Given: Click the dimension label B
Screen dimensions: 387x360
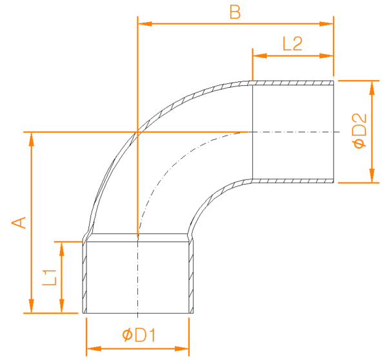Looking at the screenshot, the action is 235,12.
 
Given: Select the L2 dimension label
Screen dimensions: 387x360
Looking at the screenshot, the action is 292,44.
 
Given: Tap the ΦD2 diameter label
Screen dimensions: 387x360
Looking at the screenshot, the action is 360,131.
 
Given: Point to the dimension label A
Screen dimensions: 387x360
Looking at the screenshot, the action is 19,223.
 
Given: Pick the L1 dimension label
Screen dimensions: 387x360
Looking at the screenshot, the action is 50,277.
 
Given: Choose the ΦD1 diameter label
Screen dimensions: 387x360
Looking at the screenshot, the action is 139,335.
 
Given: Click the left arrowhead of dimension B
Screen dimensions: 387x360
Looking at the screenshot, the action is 145,24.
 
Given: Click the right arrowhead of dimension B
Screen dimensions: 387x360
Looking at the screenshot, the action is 326,24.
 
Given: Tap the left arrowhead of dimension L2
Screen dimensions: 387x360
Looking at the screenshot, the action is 260,55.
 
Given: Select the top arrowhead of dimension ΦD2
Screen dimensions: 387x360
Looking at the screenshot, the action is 372,88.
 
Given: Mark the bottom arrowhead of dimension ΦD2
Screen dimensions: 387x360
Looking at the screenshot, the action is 372,175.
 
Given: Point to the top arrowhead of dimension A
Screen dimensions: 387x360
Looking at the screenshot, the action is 32,140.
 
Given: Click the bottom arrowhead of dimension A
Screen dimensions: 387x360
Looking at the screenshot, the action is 32,306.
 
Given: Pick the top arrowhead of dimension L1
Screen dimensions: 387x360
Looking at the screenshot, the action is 62,250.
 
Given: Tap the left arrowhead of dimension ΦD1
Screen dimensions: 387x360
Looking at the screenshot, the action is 94,349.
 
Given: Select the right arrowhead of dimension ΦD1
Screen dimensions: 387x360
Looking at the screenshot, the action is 182,349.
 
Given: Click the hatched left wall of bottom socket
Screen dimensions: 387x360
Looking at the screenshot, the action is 84,277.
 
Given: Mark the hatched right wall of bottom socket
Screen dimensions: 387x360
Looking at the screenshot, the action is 191,277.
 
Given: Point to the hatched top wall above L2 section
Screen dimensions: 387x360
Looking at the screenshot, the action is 293,83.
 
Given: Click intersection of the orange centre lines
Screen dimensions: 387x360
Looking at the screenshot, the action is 138,132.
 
